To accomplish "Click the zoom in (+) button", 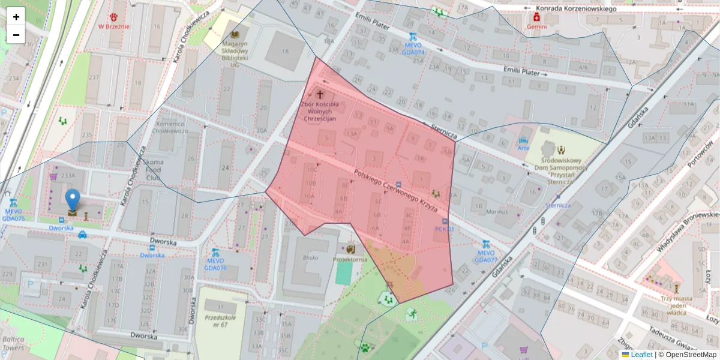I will (x=16, y=17).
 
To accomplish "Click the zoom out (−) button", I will (x=16, y=34).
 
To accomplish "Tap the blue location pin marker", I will (x=73, y=200).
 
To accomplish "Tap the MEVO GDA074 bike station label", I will (x=413, y=49).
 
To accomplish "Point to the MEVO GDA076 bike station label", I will (x=215, y=264).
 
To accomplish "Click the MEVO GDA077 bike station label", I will (x=486, y=256).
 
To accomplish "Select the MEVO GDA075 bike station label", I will (x=13, y=215).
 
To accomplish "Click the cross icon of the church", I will (x=320, y=95).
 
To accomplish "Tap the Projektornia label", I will (x=350, y=260).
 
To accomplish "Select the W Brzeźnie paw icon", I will (x=114, y=16).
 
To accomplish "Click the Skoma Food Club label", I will (x=153, y=170).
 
